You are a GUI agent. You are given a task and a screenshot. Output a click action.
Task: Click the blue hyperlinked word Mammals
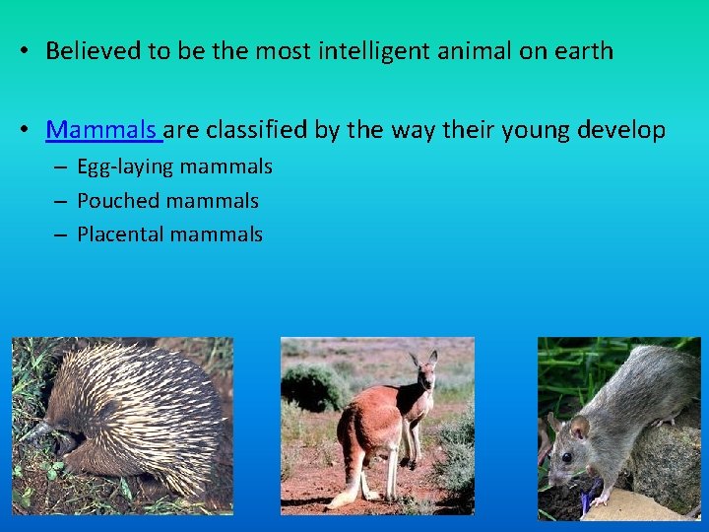(101, 130)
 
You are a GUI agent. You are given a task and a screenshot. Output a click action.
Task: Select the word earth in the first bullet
(581, 51)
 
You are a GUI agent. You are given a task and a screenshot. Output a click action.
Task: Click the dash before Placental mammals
(58, 234)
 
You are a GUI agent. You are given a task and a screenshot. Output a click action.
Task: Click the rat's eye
(566, 457)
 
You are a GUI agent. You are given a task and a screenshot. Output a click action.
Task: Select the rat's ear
(580, 428)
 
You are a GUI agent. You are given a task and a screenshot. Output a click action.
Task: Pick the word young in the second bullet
(528, 130)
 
